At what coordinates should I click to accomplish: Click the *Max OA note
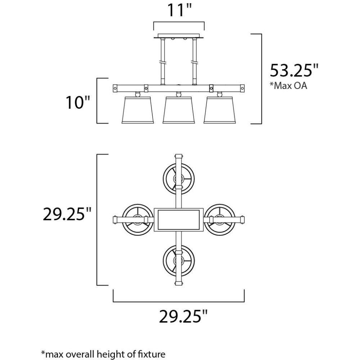288,86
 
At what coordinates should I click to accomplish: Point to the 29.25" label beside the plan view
67,214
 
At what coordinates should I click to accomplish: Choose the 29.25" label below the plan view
183,316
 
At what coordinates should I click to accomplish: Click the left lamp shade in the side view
138,110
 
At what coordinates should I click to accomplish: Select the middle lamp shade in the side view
179,110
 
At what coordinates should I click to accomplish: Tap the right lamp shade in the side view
220,110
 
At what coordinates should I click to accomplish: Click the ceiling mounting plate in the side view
179,36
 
